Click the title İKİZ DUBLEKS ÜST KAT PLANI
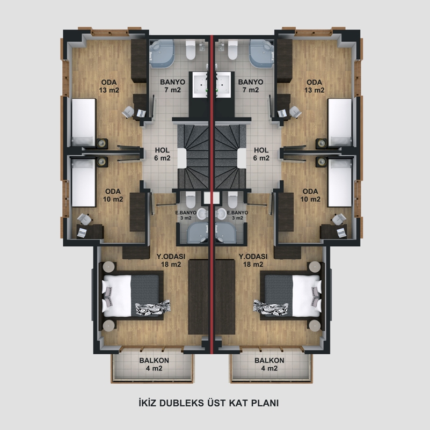coord(209,403)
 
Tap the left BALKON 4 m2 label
coord(154,364)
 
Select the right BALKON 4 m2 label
coord(269,364)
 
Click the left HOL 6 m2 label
coord(162,154)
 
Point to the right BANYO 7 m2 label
coord(251,86)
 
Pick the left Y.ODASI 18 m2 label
coord(171,260)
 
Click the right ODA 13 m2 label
coord(314,86)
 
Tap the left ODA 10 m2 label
coord(113,195)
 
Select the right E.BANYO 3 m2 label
coord(237,215)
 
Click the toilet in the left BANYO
coord(191,50)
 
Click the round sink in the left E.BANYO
coord(202,214)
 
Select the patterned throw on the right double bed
coord(271,307)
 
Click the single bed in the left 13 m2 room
coord(84,122)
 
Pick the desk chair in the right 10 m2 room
coord(339,219)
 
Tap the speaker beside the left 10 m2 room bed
coord(102,162)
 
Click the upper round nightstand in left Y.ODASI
coord(110,267)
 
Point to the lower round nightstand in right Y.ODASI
coord(315,325)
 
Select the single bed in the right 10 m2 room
coord(340,183)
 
